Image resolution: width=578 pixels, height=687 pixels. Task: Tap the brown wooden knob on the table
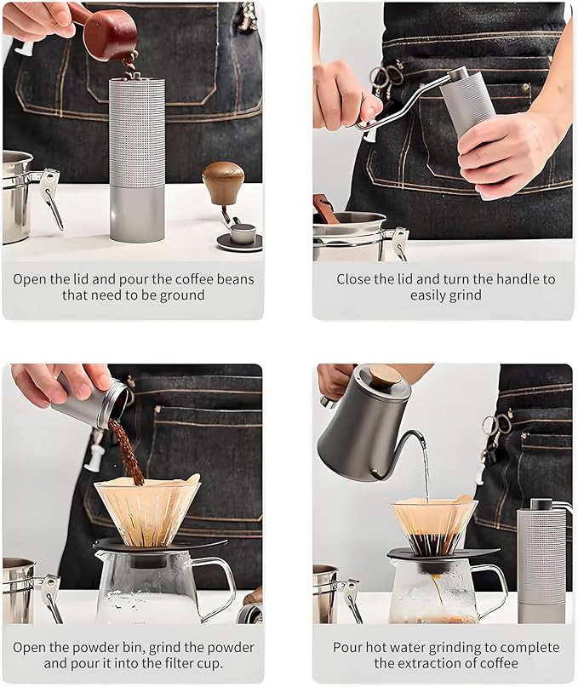tap(223, 181)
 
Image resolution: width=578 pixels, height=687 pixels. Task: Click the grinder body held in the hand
tap(467, 102)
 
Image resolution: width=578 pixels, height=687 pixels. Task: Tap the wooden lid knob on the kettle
tap(384, 376)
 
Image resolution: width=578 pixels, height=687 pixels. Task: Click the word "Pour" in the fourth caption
tap(348, 647)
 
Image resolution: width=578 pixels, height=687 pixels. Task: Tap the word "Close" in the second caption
tap(353, 279)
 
